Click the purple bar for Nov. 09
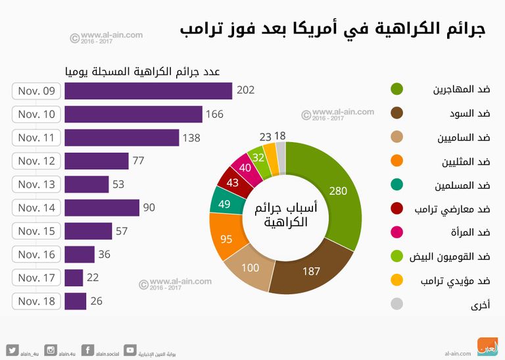click(148, 91)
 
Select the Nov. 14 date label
click(37, 208)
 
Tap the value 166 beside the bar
click(214, 115)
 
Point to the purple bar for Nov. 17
click(74, 278)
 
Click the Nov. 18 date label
click(37, 301)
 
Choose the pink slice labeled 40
click(246, 168)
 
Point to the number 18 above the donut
click(280, 136)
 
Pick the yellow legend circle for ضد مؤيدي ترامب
click(397, 281)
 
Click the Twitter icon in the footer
click(12, 350)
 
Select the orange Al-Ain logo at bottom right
click(487, 346)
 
